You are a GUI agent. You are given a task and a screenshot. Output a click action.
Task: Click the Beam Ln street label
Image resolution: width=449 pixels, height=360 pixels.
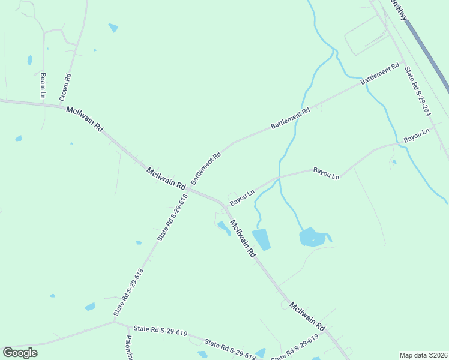43,85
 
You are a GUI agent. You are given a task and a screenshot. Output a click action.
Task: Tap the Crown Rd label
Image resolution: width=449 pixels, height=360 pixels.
65,87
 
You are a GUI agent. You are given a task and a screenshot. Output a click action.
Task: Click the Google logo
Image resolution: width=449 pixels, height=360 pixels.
20,353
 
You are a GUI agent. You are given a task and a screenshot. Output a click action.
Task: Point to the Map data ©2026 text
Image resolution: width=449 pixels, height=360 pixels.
423,355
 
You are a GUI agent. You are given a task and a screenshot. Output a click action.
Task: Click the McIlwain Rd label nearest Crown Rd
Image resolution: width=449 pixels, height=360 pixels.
85,119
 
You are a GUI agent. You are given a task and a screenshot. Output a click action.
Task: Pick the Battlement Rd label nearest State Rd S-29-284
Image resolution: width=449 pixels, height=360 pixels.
380,74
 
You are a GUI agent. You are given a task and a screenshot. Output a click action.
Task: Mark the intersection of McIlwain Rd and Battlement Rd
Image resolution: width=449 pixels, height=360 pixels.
188,190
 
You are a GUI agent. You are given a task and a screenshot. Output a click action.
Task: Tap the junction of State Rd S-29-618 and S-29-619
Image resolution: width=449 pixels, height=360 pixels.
115,321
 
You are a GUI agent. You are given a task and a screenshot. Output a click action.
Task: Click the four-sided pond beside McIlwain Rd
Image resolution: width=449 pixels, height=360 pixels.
261,239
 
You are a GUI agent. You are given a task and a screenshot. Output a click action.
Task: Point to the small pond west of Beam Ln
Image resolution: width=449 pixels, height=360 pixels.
29,60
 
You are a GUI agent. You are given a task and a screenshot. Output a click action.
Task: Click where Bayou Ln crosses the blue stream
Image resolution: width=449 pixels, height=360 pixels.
279,178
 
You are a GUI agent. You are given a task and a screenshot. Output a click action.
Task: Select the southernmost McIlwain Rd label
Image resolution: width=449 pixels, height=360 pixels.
307,316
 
